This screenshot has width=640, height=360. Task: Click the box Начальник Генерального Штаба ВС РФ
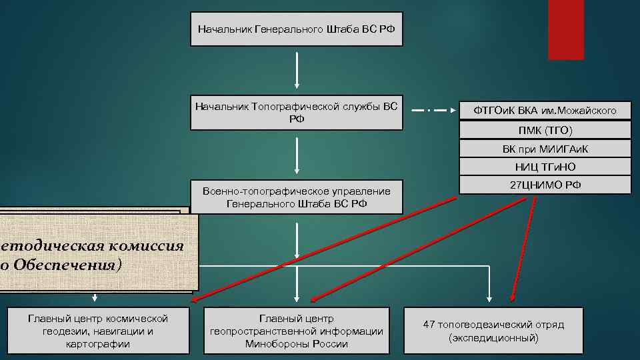(297, 29)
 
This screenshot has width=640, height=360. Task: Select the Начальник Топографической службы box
(297, 113)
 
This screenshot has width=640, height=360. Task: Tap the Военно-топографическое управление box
(297, 197)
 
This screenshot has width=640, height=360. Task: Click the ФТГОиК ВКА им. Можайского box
(545, 110)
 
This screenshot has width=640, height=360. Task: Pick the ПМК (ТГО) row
(545, 129)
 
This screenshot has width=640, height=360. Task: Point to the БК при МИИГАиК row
(545, 148)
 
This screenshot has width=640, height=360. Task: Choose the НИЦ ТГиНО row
(545, 167)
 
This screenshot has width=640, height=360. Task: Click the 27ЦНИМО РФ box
(545, 184)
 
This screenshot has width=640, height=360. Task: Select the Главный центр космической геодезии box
(99, 331)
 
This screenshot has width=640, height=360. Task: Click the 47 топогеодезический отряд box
(493, 331)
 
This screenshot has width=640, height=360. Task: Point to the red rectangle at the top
(565, 29)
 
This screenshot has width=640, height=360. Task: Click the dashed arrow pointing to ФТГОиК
(433, 110)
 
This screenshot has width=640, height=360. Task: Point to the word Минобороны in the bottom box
(274, 344)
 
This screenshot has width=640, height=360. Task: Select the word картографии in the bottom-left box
(99, 344)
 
